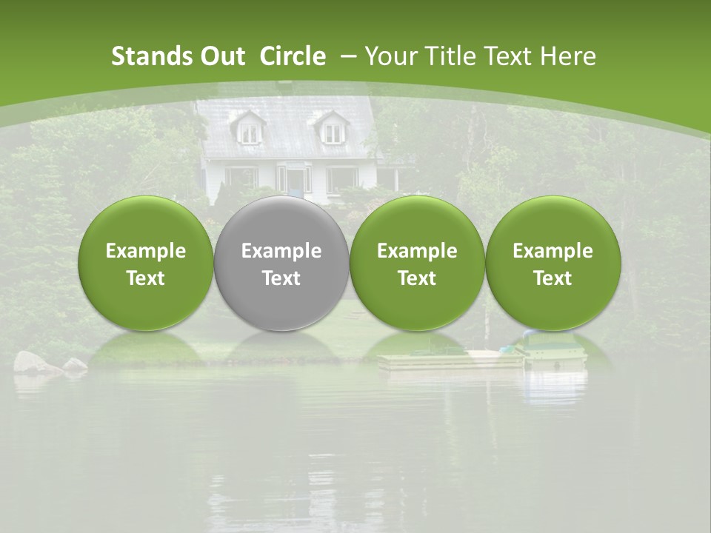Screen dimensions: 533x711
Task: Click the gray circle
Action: pos(281,263)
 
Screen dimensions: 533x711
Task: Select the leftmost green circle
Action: pos(145,263)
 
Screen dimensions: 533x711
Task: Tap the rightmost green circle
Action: pos(553,263)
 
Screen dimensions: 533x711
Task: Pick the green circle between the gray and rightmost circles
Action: pos(417,263)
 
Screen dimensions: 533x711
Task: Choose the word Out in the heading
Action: pos(221,56)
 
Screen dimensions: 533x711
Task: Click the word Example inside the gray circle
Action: pos(281,251)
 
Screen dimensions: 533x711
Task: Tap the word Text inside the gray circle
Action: pos(281,278)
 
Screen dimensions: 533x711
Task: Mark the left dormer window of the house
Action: pos(250,131)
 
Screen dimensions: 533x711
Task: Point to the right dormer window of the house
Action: pos(333,131)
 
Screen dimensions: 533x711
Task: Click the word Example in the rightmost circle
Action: pos(553,251)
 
